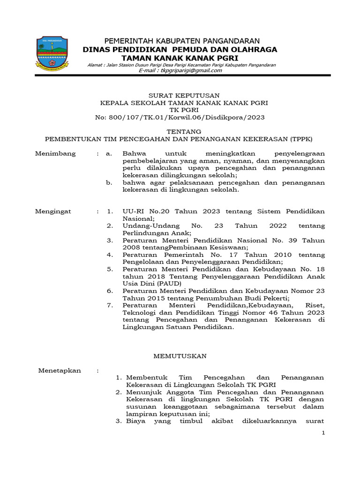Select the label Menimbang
tap(55, 154)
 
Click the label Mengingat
tap(53, 211)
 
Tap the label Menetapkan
tap(60, 370)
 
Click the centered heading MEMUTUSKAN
tap(180, 356)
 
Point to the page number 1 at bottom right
tap(323, 433)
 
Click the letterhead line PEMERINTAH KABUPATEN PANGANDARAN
tap(181, 41)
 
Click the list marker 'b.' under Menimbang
tap(109, 183)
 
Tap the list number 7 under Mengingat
tap(110, 306)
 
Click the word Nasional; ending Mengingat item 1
tap(138, 218)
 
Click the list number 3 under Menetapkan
tap(119, 421)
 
